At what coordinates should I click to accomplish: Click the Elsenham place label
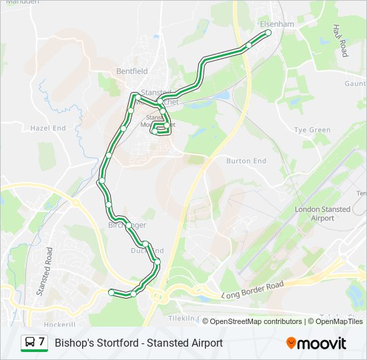coord(277,24)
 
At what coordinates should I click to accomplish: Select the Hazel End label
coord(48,127)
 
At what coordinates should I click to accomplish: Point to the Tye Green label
coord(312,130)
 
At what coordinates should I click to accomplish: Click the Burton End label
coord(246,161)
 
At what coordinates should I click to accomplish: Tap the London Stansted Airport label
coord(322,213)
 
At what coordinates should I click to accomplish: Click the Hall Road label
coord(340,40)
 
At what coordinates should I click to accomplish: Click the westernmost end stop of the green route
coord(111,291)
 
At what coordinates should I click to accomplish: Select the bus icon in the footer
coord(30,343)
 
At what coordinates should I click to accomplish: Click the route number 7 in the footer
coord(42,343)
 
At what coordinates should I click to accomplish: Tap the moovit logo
coord(316,343)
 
